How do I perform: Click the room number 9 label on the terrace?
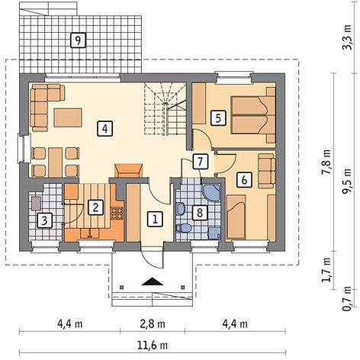click(x=78, y=40)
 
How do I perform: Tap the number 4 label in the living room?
click(x=104, y=128)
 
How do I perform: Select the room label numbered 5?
click(x=218, y=118)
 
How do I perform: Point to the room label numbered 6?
click(x=244, y=180)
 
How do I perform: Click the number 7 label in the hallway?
click(x=201, y=162)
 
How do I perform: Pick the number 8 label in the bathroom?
click(x=200, y=213)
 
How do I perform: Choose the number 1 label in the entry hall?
click(x=155, y=219)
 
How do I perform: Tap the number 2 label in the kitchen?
click(x=95, y=207)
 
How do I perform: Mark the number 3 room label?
click(x=45, y=220)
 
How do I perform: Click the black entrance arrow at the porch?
click(x=153, y=281)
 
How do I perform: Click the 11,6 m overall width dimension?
click(x=153, y=346)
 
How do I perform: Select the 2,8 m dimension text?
click(x=153, y=324)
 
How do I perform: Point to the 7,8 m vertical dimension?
click(x=326, y=162)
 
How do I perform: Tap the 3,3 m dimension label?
click(x=347, y=37)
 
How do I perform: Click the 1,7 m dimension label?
click(x=326, y=270)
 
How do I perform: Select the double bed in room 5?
click(x=253, y=115)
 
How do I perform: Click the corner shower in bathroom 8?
click(x=211, y=193)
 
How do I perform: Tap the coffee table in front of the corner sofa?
click(x=68, y=117)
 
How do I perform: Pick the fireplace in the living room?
click(x=129, y=171)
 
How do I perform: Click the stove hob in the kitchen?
click(x=117, y=213)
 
